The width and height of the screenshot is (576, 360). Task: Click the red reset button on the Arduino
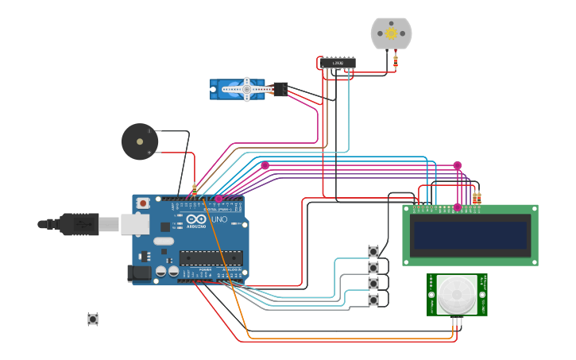[143, 203]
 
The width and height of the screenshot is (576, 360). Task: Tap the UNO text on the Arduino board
[218, 219]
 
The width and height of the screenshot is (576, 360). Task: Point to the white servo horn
[247, 90]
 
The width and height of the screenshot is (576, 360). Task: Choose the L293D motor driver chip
[338, 63]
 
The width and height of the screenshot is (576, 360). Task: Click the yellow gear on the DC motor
[391, 33]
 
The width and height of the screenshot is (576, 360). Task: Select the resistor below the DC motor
[396, 62]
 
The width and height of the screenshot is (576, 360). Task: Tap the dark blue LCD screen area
[470, 235]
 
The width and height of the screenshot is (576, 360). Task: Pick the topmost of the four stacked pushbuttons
[373, 252]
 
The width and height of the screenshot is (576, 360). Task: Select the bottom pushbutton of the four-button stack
[373, 300]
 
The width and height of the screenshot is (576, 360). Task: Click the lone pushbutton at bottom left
[93, 319]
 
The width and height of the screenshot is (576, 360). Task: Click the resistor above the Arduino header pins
[195, 190]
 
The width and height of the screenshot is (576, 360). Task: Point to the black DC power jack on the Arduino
[140, 273]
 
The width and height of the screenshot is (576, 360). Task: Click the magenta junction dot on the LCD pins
[457, 207]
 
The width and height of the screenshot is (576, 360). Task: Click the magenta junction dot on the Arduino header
[218, 199]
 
